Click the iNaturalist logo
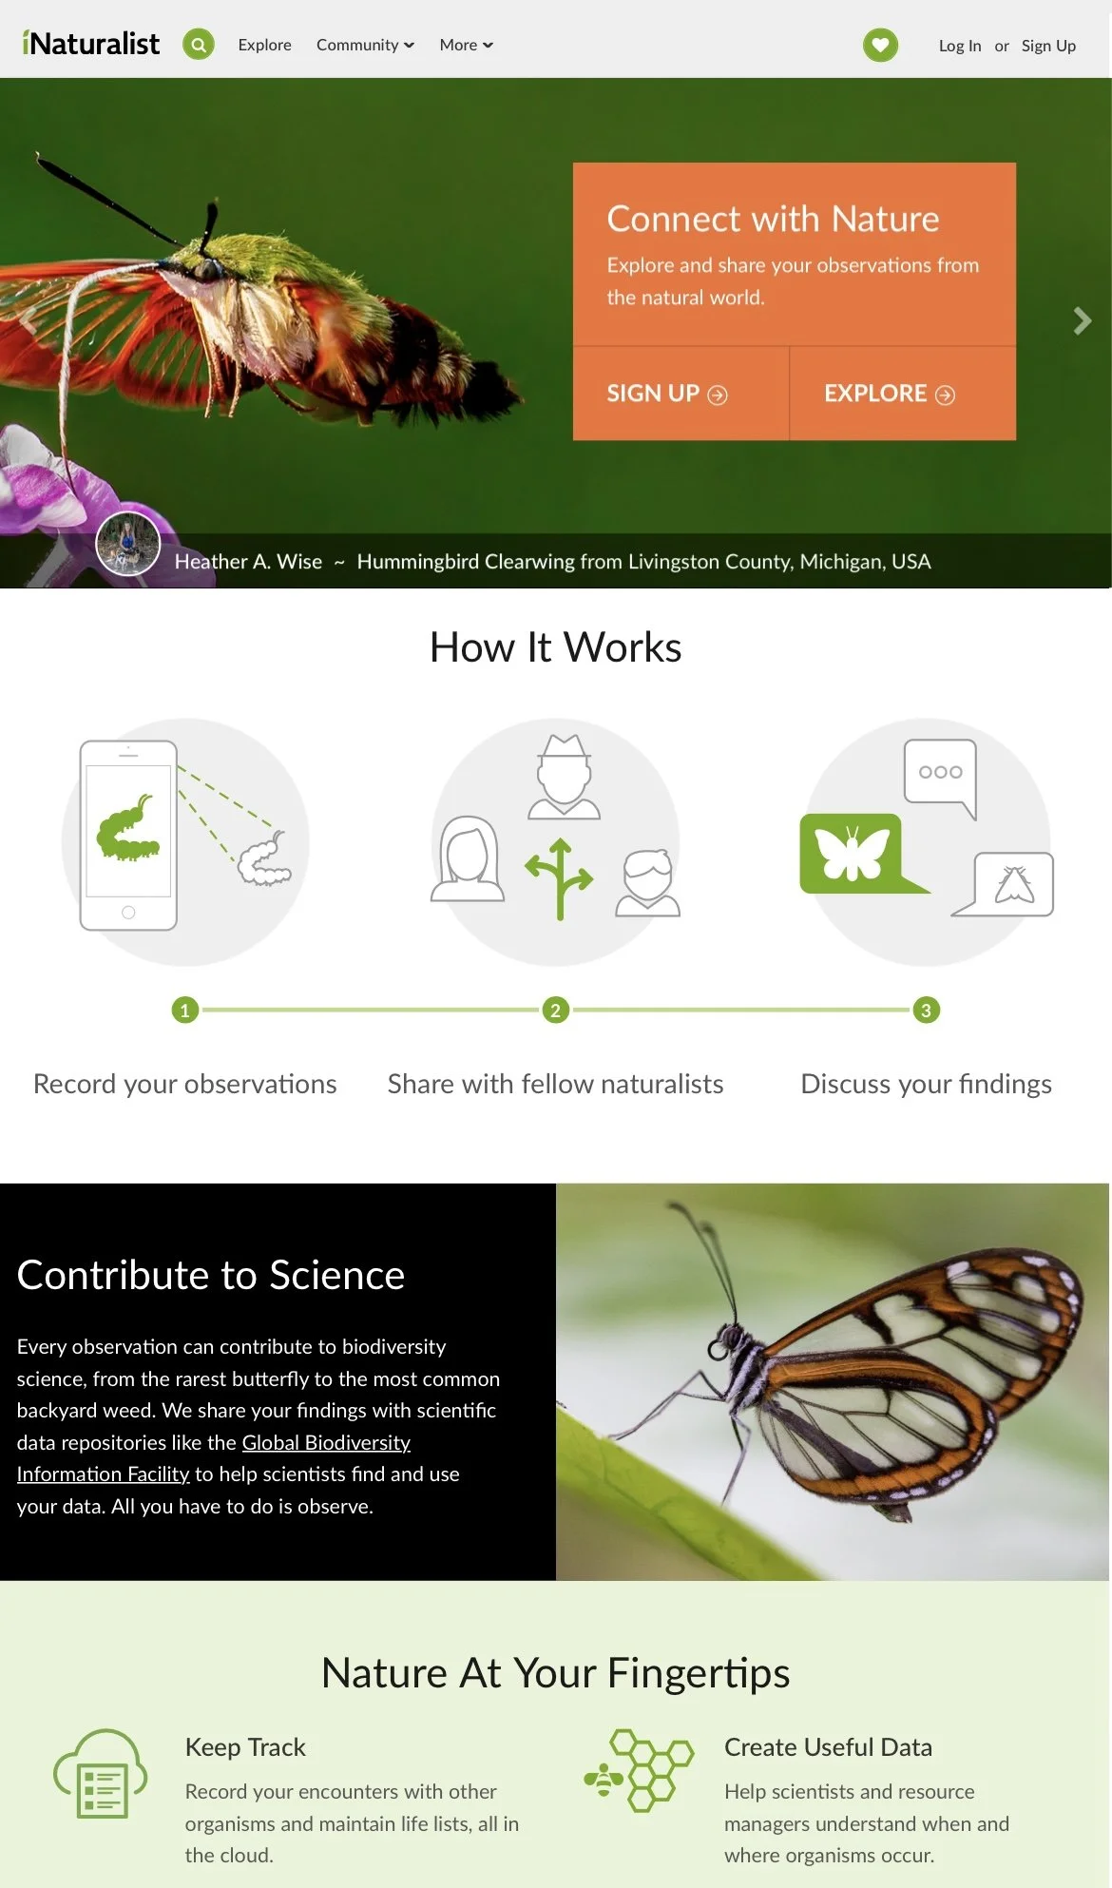coord(91,44)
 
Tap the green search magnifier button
coord(199,44)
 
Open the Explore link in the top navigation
coord(264,45)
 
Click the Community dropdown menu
coord(365,45)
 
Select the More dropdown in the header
coord(466,45)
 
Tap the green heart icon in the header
coord(880,45)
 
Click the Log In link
coord(959,46)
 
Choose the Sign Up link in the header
coord(1048,46)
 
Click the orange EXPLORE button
coord(890,394)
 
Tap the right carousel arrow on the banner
coord(1082,321)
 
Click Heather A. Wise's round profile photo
coord(128,544)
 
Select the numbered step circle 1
coord(185,1010)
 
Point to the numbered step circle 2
coord(556,1010)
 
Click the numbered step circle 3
coord(927,1010)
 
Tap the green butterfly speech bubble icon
coord(853,853)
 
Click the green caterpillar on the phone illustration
coord(127,829)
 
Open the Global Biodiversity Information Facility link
coord(326,1442)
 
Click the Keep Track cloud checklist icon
coord(101,1774)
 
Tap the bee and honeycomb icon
coord(639,1770)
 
